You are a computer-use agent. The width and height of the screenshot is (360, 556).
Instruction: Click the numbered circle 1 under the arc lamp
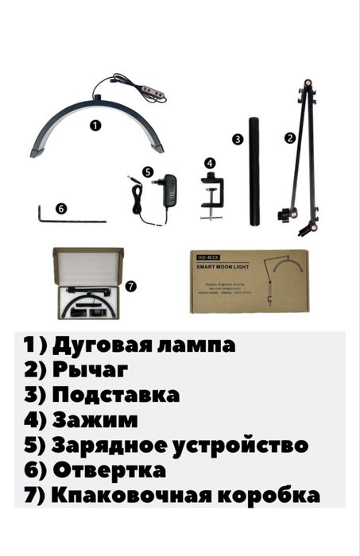pos(96,125)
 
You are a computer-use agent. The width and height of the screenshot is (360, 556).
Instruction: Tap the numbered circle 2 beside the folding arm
pos(290,137)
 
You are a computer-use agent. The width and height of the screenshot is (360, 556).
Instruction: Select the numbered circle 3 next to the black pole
pos(237,138)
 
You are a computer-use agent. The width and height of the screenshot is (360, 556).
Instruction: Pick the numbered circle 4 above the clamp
pos(209,162)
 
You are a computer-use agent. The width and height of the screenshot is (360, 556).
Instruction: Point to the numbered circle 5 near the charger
pos(148,171)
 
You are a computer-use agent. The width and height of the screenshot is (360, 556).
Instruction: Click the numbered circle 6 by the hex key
pos(61,209)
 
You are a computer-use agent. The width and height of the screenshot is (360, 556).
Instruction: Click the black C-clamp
pos(209,195)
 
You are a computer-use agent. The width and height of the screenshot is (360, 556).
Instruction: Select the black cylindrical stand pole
pos(254,171)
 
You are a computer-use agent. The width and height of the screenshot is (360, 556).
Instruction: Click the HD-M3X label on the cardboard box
pos(205,256)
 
